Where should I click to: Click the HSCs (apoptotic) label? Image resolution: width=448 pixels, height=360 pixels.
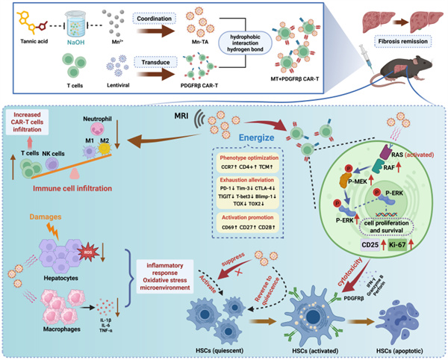(405, 347)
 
